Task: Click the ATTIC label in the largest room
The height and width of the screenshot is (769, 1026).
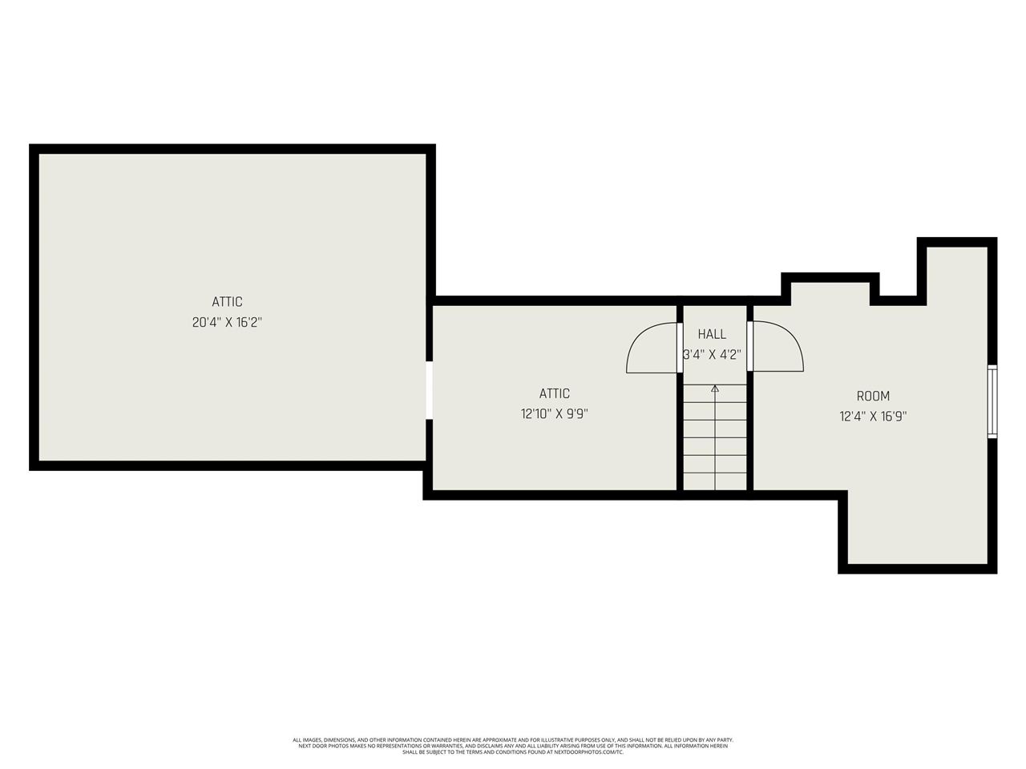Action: tap(227, 302)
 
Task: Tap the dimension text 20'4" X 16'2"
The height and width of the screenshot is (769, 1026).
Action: tap(227, 323)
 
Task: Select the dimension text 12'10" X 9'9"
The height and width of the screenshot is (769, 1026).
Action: tap(554, 414)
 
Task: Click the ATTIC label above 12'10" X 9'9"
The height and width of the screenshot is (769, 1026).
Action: tap(554, 393)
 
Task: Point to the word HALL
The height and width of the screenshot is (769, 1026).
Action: tap(712, 334)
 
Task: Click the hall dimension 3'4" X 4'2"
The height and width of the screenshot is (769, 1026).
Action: tap(712, 354)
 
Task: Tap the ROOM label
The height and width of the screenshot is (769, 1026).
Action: tap(873, 396)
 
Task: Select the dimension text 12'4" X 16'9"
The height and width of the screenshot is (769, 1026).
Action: tap(873, 417)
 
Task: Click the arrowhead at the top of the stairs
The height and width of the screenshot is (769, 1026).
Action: tap(715, 389)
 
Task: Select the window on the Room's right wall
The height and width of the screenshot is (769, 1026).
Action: tap(992, 401)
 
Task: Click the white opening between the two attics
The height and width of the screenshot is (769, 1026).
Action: tap(430, 390)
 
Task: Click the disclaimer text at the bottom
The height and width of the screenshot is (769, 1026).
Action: tap(513, 746)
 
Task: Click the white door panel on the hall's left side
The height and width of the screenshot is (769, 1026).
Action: tap(680, 347)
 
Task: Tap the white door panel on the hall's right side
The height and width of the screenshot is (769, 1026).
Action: tap(750, 347)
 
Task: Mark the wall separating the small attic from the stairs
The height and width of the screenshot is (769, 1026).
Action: tap(680, 433)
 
